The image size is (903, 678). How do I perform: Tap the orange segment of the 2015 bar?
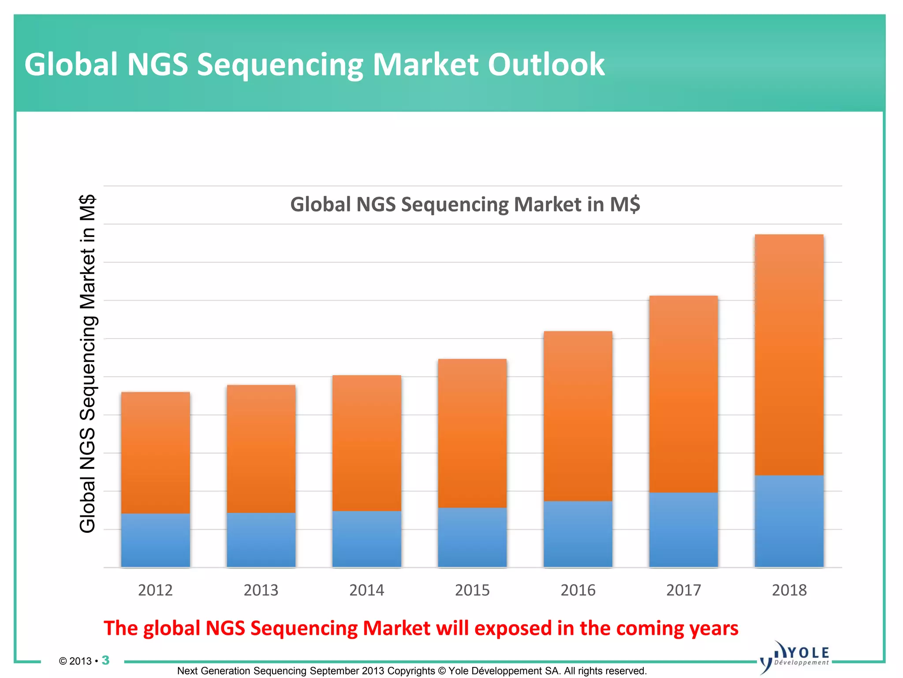pyautogui.click(x=472, y=433)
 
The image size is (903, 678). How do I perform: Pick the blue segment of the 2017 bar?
pyautogui.click(x=683, y=529)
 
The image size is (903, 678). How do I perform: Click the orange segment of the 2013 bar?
pyautogui.click(x=261, y=448)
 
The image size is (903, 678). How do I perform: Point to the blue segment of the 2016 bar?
pyautogui.click(x=578, y=534)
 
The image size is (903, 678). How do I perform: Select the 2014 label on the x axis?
pyautogui.click(x=366, y=590)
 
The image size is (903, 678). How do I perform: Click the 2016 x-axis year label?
pyautogui.click(x=578, y=590)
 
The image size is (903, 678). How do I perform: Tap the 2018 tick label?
pyautogui.click(x=789, y=590)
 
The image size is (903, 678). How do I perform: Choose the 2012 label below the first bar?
pyautogui.click(x=155, y=590)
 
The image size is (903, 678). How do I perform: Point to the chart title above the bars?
pyautogui.click(x=465, y=204)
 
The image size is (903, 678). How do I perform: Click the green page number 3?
pyautogui.click(x=105, y=660)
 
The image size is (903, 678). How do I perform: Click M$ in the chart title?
pyautogui.click(x=625, y=204)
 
